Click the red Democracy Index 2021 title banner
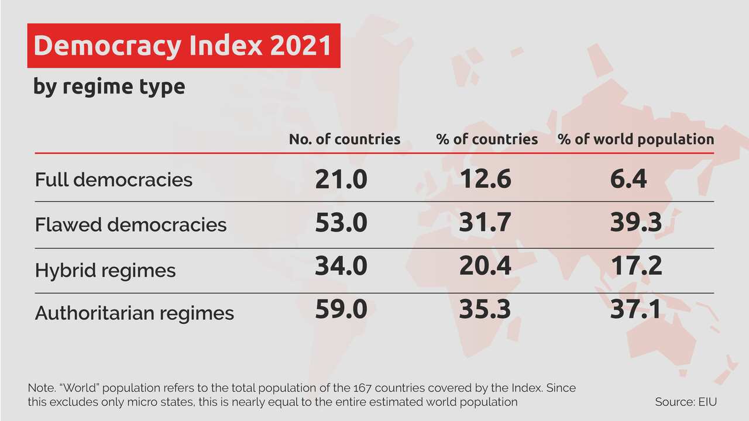pos(183,46)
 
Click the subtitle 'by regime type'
pos(109,87)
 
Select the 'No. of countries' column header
pos(345,139)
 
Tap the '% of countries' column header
pos(487,139)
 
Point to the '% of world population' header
pos(635,139)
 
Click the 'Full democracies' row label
pos(114,180)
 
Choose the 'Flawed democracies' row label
pos(130,225)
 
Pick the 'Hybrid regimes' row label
pos(105,270)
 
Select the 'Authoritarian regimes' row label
pos(135,313)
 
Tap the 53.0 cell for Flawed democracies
pos(341,223)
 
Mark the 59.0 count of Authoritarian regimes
pos(341,309)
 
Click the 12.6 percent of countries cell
pos(485,178)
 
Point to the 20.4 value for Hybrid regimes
pos(485,266)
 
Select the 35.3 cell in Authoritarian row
pos(485,309)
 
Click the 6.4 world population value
pos(628,178)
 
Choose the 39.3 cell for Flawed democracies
pos(635,223)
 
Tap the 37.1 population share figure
pos(635,309)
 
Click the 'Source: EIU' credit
pos(686,402)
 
